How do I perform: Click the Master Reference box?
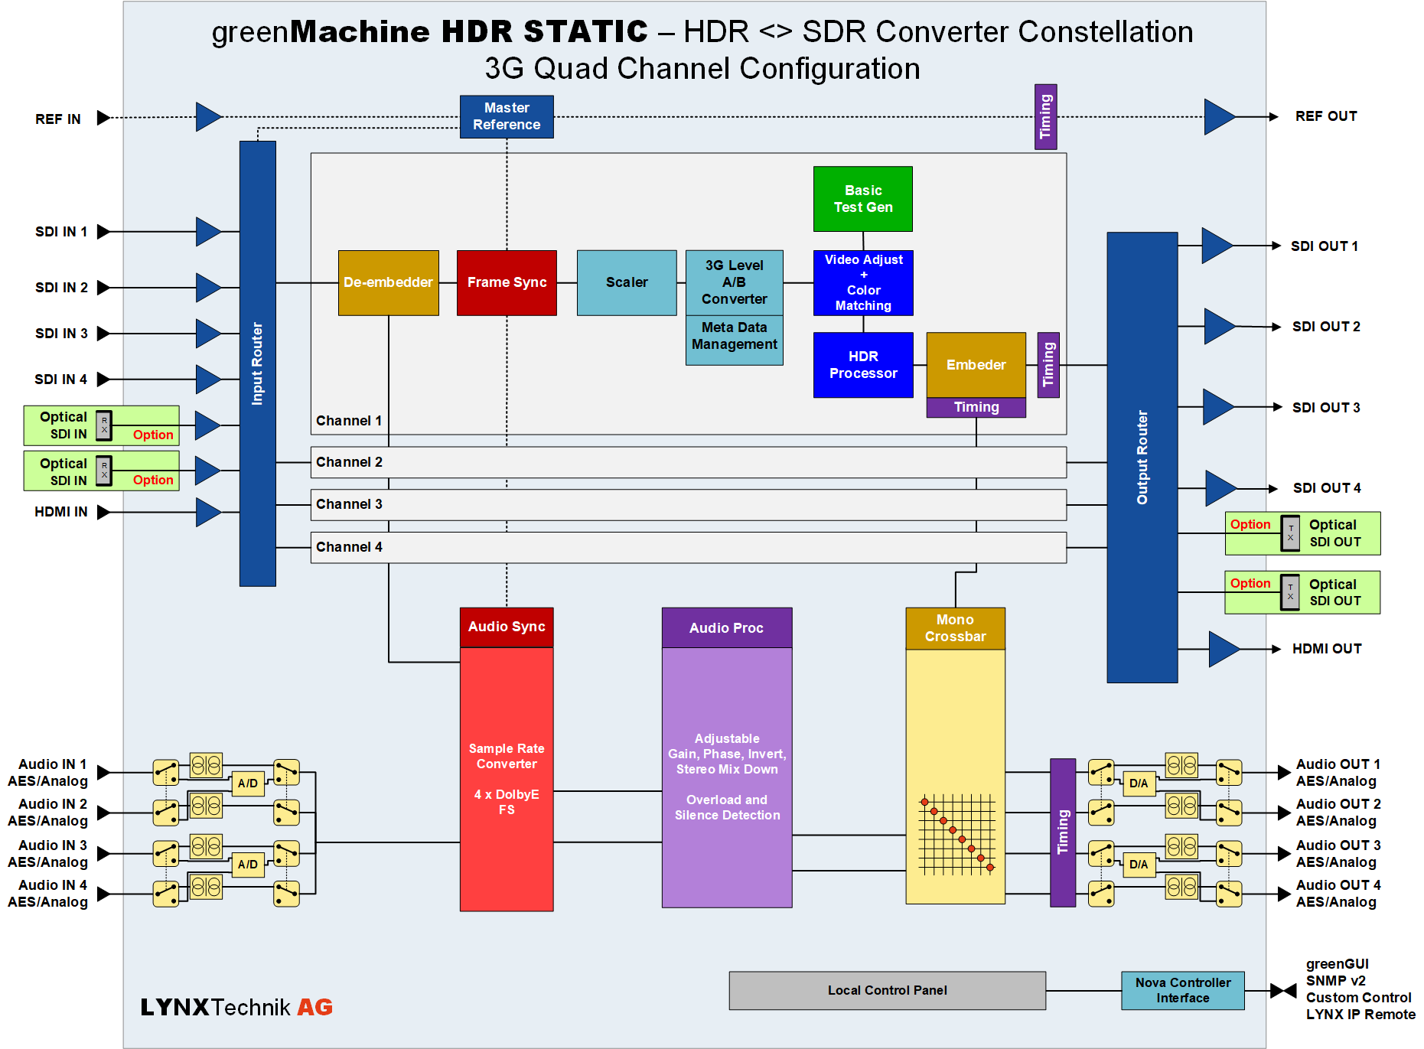point(507,116)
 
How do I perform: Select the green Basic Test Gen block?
point(863,199)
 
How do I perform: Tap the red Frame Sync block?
point(507,282)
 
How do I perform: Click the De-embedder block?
point(388,282)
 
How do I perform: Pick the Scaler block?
point(627,282)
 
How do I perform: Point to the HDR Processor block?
point(863,365)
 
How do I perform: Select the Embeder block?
point(976,365)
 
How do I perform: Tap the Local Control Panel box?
point(888,990)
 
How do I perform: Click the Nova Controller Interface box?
point(1183,990)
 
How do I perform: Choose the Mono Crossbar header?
point(955,628)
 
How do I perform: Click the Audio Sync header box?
point(507,627)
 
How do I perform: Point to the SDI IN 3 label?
point(61,334)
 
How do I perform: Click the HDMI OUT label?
point(1327,649)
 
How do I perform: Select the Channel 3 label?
point(349,504)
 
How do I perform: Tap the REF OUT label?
point(1326,116)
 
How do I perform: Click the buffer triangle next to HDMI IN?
point(208,512)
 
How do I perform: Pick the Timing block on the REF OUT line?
point(1046,116)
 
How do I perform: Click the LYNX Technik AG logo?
point(236,1007)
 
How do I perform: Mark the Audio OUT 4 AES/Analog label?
point(1338,894)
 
